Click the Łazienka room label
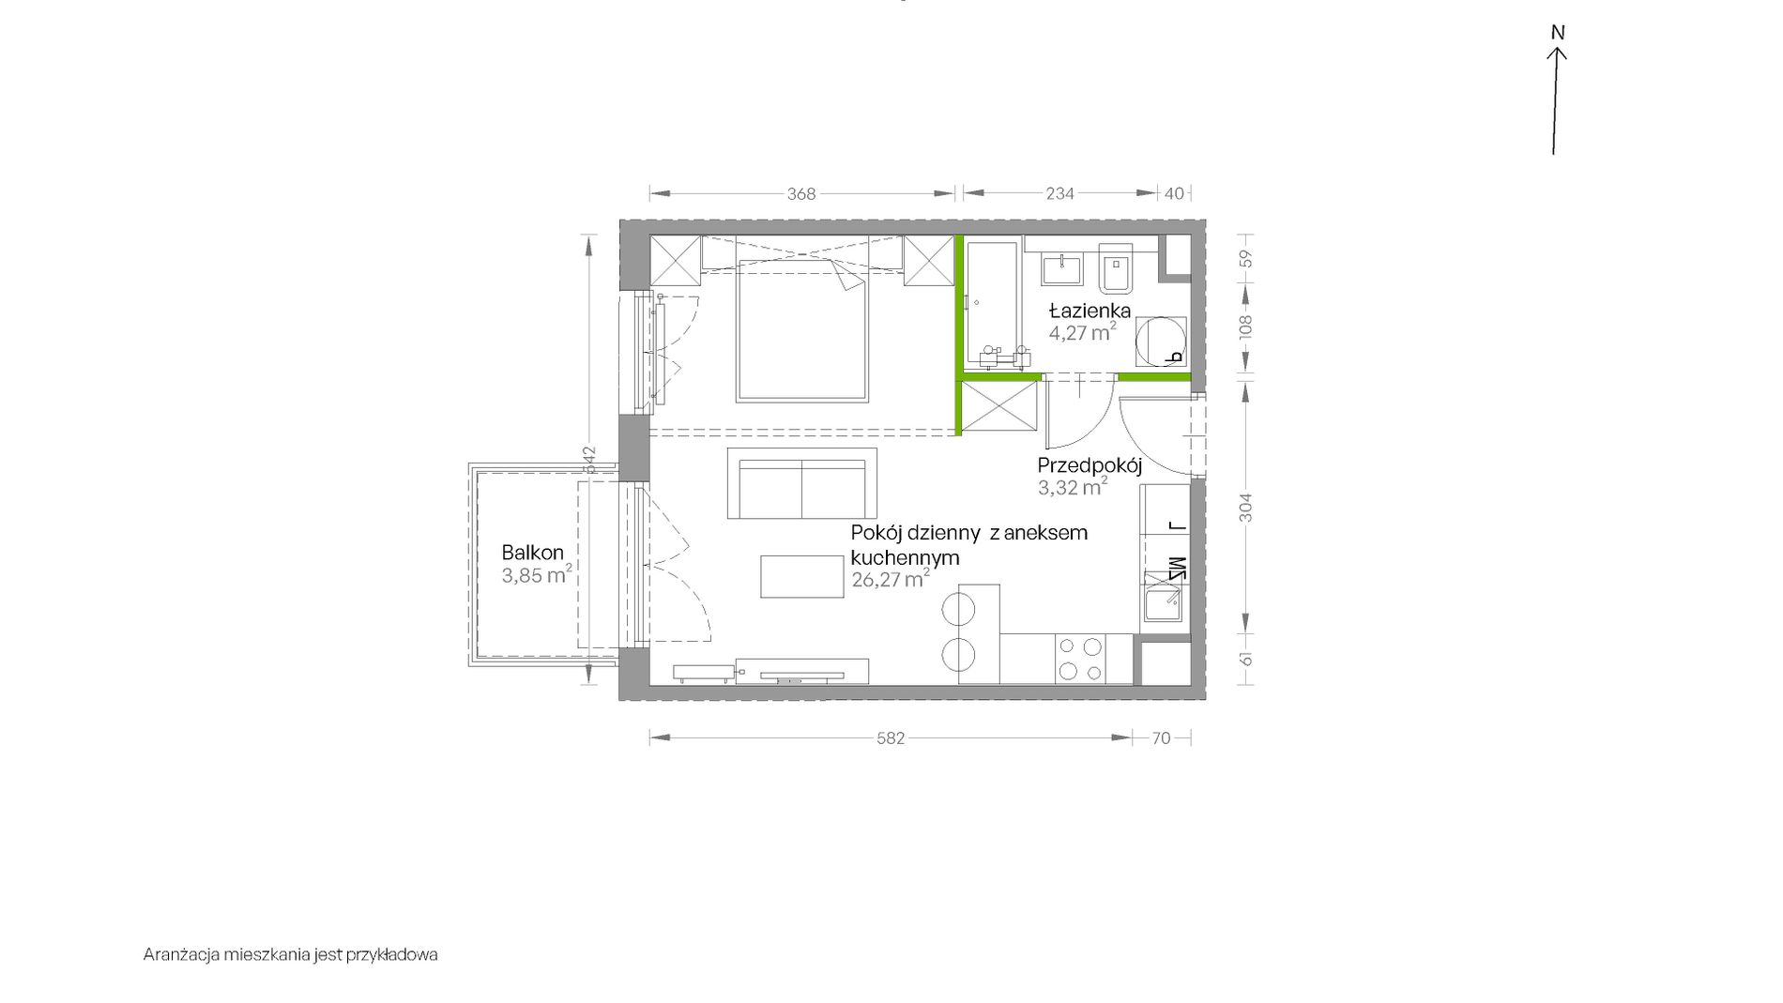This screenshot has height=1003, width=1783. pyautogui.click(x=1090, y=311)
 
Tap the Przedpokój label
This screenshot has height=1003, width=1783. pyautogui.click(x=1090, y=465)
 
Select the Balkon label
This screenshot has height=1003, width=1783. pyautogui.click(x=532, y=553)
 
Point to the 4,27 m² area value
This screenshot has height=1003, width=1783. pyautogui.click(x=1083, y=332)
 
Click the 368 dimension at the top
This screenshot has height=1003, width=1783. pyautogui.click(x=801, y=193)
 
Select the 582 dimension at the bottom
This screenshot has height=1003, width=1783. pyautogui.click(x=891, y=738)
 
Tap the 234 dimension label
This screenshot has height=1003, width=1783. pyautogui.click(x=1059, y=193)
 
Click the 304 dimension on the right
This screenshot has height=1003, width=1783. pyautogui.click(x=1245, y=508)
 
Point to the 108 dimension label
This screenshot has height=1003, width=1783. pyautogui.click(x=1245, y=327)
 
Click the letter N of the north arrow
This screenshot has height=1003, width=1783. pyautogui.click(x=1558, y=33)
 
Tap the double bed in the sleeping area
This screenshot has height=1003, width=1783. pyautogui.click(x=802, y=330)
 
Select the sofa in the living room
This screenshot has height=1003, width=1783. pyautogui.click(x=802, y=483)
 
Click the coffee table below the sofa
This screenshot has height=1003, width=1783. pyautogui.click(x=801, y=576)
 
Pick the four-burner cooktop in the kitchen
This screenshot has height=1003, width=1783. pyautogui.click(x=1080, y=659)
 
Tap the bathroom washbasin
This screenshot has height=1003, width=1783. pyautogui.click(x=1062, y=268)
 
